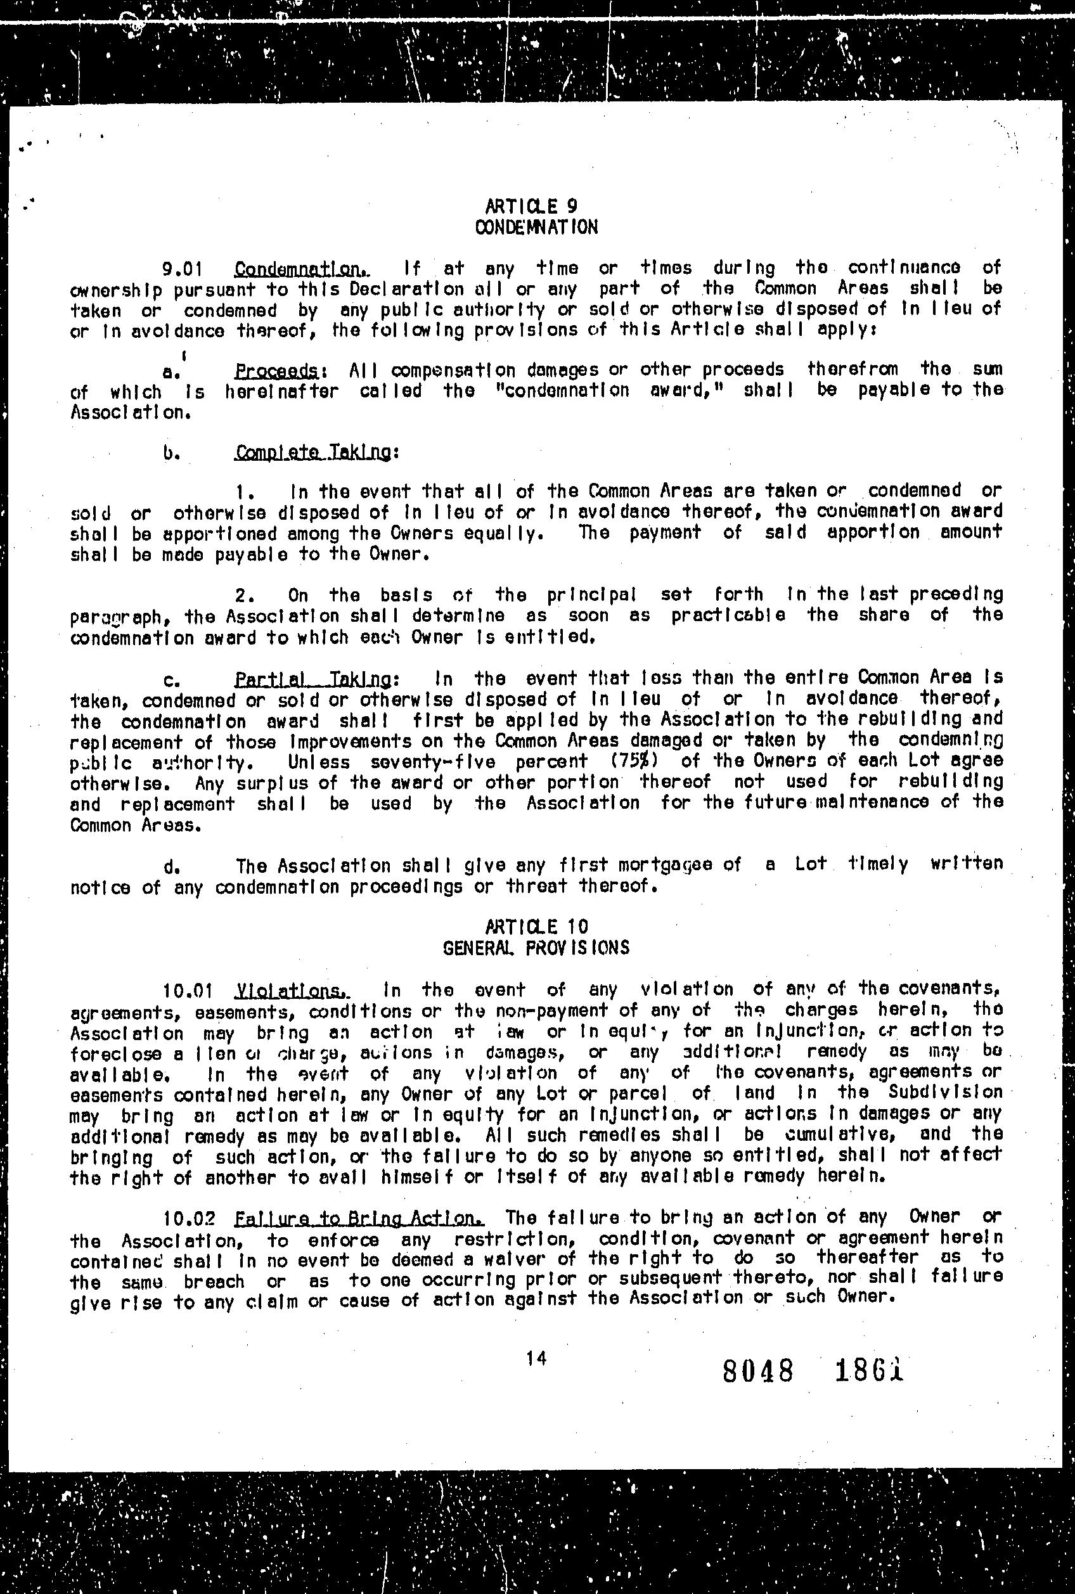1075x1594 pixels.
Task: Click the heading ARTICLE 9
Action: (531, 206)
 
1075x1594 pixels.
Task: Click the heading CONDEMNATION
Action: (536, 227)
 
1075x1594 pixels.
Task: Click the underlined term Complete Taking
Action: (316, 453)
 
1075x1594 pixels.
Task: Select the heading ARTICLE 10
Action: (537, 927)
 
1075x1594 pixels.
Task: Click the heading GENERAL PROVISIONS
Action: (536, 948)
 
